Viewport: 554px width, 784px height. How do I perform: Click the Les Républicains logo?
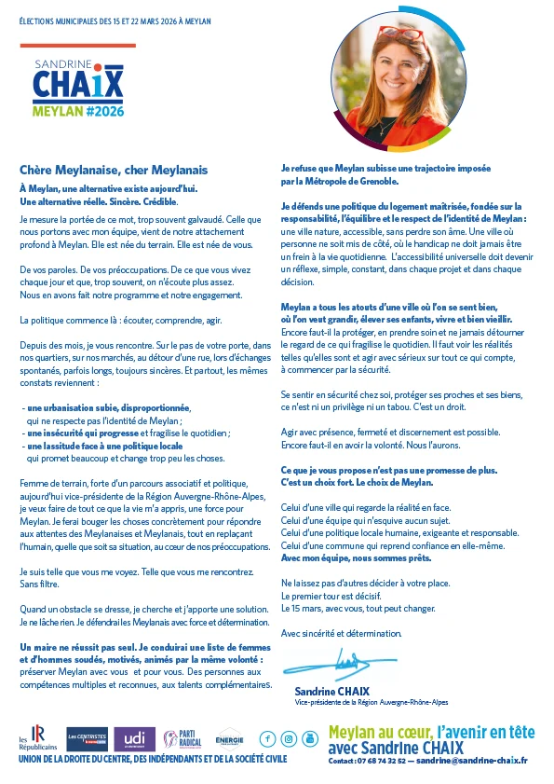tap(36, 738)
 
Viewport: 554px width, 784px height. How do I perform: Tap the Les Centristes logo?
tap(86, 739)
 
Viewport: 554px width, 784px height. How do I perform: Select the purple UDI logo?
tap(134, 739)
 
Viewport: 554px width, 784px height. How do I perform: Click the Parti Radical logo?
tap(182, 739)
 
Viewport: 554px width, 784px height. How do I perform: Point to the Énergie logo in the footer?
tap(229, 739)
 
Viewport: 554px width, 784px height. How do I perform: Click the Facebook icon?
tap(267, 739)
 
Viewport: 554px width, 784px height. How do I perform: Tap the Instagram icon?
tap(288, 739)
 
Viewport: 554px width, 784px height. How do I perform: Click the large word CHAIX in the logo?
tap(77, 85)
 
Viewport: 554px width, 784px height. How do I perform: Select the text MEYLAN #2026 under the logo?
tap(78, 111)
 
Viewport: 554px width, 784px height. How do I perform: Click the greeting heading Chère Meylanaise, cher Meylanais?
tap(113, 170)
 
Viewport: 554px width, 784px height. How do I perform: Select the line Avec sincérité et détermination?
tap(342, 633)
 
